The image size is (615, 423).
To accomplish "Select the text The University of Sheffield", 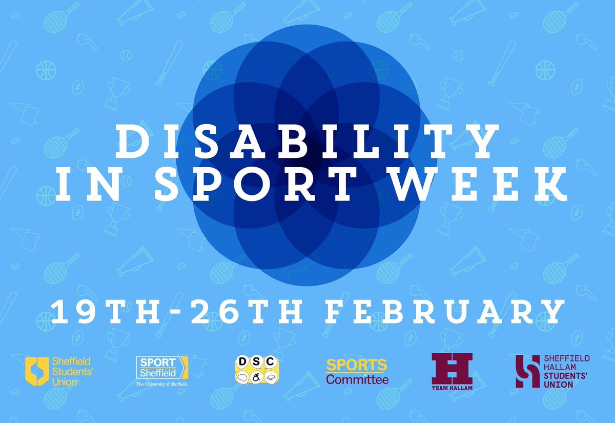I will click(x=162, y=384).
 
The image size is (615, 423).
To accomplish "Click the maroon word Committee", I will click(x=357, y=380).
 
